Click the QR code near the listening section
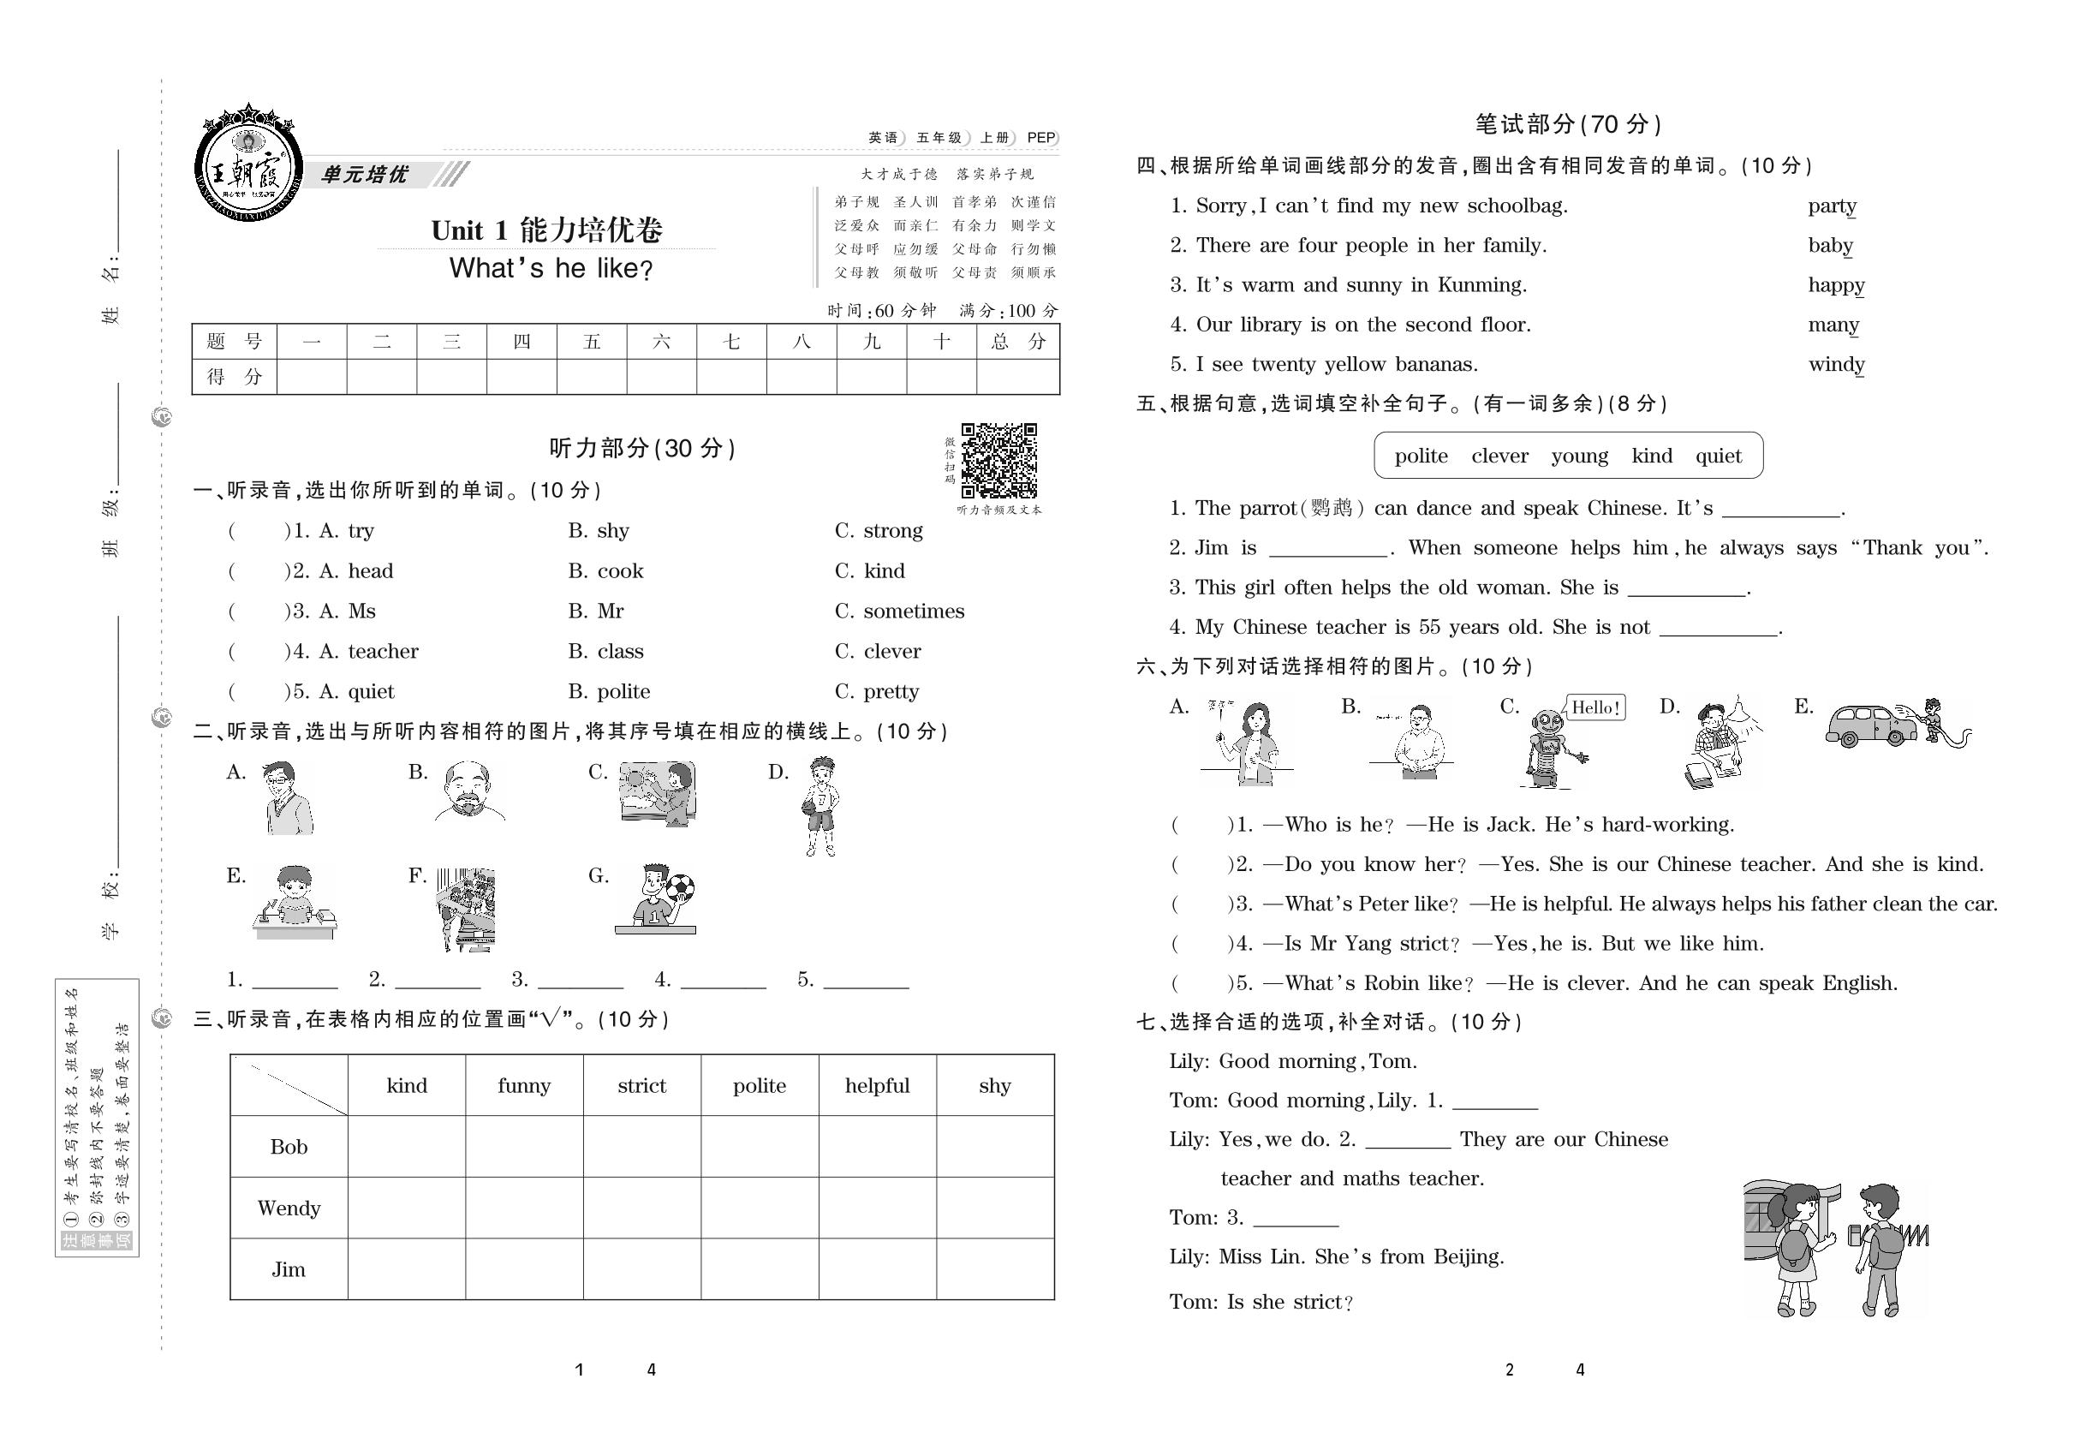tap(998, 461)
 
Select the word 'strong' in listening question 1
tap(892, 531)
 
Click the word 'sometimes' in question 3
tap(913, 612)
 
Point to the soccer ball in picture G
tap(680, 886)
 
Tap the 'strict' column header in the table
tap(641, 1086)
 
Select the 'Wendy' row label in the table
tap(289, 1208)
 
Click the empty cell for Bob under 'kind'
tap(406, 1147)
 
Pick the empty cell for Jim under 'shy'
tap(994, 1269)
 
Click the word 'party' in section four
tap(1832, 206)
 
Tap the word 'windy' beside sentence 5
tap(1835, 365)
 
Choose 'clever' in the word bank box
tap(1499, 456)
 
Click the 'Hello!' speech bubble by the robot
tap(1595, 707)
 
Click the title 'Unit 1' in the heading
tap(469, 230)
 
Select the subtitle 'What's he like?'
tap(551, 269)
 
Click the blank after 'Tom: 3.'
tap(1296, 1219)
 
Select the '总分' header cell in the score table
tap(1017, 342)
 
